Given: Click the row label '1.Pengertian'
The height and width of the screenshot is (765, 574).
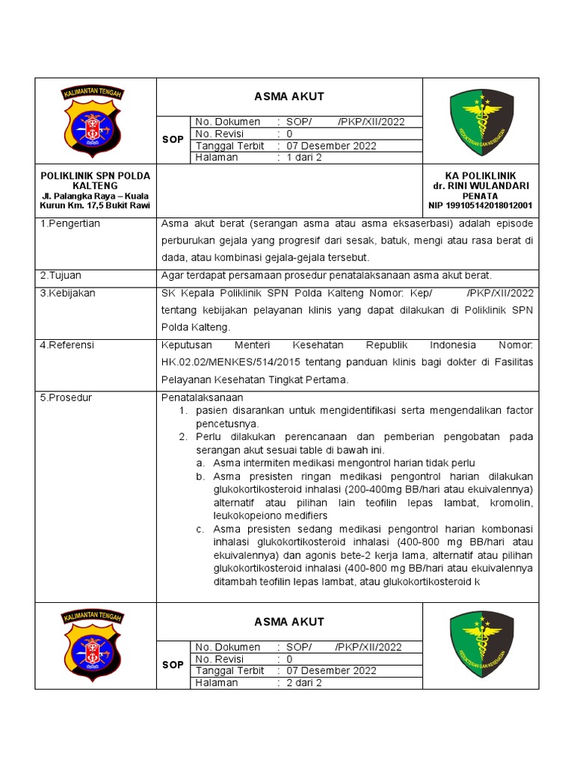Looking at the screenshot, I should pyautogui.click(x=70, y=223).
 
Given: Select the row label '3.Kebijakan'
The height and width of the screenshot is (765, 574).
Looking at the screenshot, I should pyautogui.click(x=68, y=294).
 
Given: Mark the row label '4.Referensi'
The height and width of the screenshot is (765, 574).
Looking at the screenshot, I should pyautogui.click(x=68, y=345).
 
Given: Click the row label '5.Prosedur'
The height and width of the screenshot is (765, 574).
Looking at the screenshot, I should pyautogui.click(x=66, y=397).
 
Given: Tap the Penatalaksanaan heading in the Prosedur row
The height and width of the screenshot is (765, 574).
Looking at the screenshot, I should pyautogui.click(x=203, y=397).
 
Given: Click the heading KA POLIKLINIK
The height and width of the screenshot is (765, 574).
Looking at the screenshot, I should pyautogui.click(x=481, y=176).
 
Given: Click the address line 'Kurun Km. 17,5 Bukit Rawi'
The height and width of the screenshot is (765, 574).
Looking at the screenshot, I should pyautogui.click(x=95, y=205).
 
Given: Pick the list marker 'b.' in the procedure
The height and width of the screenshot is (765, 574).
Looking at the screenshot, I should pyautogui.click(x=200, y=476).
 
